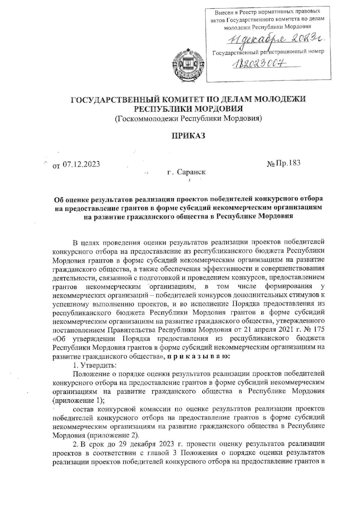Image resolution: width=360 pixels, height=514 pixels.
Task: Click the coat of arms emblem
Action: point(188,62)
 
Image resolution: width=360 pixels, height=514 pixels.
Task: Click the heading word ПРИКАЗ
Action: point(188,136)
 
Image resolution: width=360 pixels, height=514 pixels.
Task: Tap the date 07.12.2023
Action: point(81,164)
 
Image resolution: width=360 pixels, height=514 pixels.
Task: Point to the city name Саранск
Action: point(191,172)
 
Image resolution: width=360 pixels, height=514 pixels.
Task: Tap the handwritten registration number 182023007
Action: point(259,64)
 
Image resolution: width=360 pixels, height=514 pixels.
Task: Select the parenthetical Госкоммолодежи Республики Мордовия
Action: point(188,119)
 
